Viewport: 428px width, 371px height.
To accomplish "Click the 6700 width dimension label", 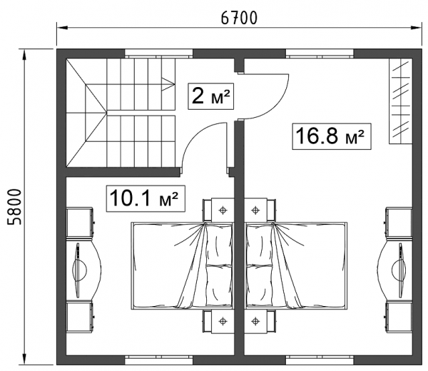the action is (239, 18).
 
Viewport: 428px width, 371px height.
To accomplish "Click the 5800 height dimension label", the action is (14, 207).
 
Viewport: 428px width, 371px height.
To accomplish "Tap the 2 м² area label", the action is (210, 96).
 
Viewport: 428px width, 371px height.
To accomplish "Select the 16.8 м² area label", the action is (332, 136).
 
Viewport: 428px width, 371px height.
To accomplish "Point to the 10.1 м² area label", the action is (146, 199).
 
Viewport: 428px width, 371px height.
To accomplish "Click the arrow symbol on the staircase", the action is (168, 84).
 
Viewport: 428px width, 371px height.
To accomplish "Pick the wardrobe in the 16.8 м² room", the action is (400, 101).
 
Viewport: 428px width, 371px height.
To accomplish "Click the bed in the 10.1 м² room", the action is (182, 265).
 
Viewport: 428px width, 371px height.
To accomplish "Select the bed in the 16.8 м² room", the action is (296, 265).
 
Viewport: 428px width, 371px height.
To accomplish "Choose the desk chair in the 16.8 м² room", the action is (399, 270).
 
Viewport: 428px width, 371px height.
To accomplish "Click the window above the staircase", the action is (159, 54).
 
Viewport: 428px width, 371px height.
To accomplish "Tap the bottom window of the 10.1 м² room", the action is (159, 360).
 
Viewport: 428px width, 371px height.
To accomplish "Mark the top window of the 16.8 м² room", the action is (320, 54).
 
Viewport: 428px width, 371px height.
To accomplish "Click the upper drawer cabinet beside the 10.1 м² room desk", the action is (81, 222).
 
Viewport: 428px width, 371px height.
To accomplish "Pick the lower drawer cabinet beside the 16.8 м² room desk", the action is (399, 317).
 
